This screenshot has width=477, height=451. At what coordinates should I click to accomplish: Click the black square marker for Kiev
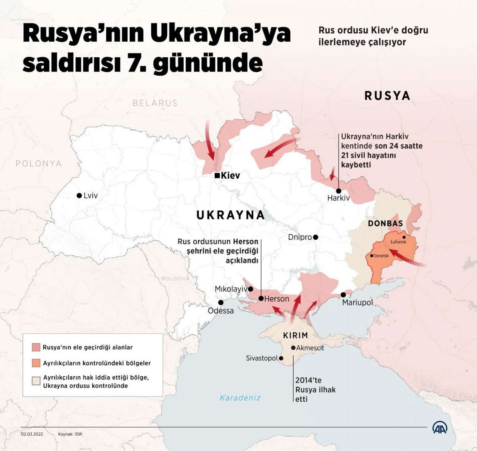coord(217,176)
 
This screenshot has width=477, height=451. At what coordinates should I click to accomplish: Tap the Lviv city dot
coord(79,195)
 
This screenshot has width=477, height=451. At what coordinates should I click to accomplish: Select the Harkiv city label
coord(338,198)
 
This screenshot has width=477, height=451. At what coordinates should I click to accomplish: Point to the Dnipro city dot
coord(316,237)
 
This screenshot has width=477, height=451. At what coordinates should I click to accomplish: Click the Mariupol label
coord(357,302)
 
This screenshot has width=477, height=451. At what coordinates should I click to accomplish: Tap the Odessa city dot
coord(221,302)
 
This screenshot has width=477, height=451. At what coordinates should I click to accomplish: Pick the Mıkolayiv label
coord(231,289)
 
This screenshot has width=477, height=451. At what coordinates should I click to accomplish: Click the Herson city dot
coord(261,298)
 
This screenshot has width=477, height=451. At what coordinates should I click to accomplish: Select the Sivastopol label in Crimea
coord(262,358)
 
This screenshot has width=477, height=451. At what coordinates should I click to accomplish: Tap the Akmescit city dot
coord(293,347)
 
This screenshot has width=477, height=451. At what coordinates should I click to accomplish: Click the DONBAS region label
coord(385,223)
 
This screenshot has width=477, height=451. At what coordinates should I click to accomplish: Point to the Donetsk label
coord(381,256)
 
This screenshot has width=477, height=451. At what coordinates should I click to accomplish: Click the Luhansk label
coord(398,242)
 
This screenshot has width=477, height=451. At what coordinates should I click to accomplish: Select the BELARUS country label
coord(155,103)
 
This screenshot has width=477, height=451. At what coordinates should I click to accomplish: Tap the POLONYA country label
coord(39,163)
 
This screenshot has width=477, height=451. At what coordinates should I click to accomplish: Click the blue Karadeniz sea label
coord(240,398)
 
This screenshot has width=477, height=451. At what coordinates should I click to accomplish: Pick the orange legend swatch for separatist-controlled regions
coord(36,363)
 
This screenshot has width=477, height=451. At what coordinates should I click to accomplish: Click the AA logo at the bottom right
coord(440,428)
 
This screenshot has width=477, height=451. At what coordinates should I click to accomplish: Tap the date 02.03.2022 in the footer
coord(32,434)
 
